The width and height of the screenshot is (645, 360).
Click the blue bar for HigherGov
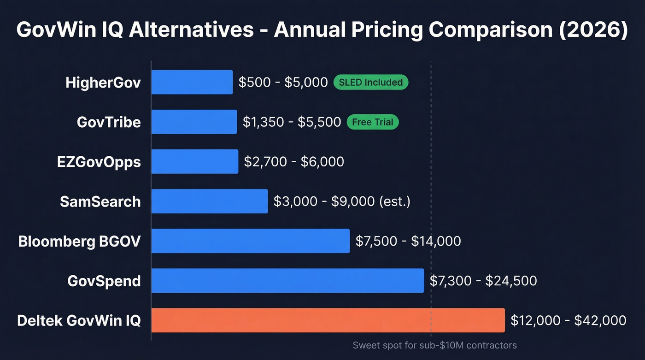192,82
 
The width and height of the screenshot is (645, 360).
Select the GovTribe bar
194,122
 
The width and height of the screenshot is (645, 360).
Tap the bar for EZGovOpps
195,161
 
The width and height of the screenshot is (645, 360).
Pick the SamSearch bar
210,201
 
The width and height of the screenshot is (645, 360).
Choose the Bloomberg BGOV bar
251,241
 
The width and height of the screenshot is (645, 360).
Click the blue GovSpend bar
287,280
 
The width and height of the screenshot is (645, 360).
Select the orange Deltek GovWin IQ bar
328,320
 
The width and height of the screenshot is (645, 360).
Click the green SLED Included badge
371,82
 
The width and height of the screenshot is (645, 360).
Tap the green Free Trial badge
373,122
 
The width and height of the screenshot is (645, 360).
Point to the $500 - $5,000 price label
283,83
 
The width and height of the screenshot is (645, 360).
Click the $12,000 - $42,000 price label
569,320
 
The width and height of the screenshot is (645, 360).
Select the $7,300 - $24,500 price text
483,281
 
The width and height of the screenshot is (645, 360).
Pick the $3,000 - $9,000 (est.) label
342,201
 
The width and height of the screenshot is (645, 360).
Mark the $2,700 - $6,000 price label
294,162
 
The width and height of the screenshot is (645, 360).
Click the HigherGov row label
103,83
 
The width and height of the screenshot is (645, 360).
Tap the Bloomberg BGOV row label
79,241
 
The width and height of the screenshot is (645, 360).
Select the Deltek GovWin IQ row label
79,320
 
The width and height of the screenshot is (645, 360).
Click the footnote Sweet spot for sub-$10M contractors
434,345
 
